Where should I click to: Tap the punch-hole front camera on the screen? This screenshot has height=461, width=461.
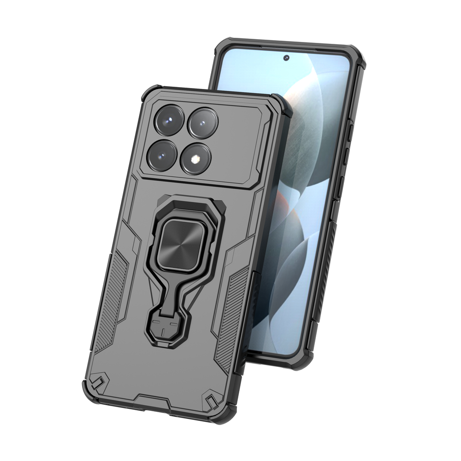coord(286,58)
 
